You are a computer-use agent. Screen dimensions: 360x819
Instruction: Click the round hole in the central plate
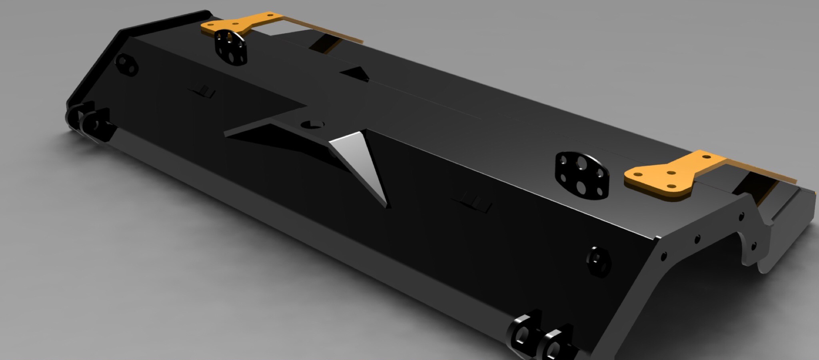pyautogui.click(x=312, y=124)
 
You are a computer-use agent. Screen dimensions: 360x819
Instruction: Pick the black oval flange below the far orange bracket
pyautogui.click(x=230, y=47)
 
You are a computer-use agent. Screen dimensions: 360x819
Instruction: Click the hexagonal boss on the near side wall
pyautogui.click(x=599, y=262)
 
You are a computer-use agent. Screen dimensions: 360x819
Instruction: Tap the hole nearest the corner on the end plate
pyautogui.click(x=663, y=255)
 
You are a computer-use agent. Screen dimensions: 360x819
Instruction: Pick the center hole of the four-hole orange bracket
pyautogui.click(x=672, y=173)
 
